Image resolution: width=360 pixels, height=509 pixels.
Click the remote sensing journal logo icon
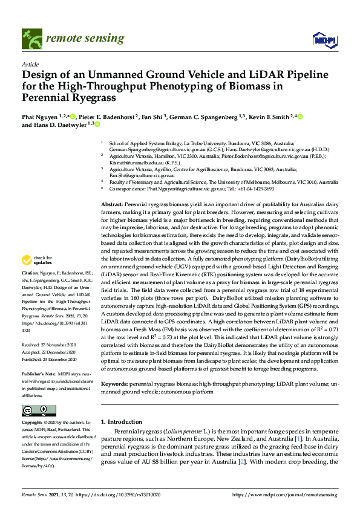tap(28, 39)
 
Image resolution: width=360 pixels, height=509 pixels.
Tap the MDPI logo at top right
tap(322, 40)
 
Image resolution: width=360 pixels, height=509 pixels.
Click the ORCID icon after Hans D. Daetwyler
tap(96, 125)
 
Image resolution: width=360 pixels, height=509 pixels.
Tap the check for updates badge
tap(37, 261)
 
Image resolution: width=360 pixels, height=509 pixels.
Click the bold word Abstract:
tap(113, 206)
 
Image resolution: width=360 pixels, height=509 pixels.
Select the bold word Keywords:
tap(114, 384)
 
